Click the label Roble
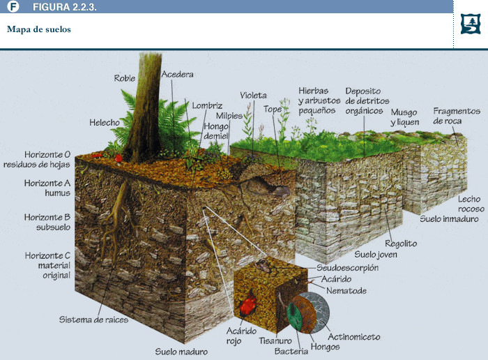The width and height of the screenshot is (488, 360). pyautogui.click(x=125, y=78)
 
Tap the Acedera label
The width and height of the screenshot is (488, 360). pyautogui.click(x=177, y=74)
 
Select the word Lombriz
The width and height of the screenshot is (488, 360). pyautogui.click(x=207, y=105)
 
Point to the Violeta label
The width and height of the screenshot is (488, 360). pyautogui.click(x=253, y=96)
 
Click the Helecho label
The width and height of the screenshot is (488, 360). pyautogui.click(x=105, y=122)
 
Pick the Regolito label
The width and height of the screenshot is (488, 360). pyautogui.click(x=401, y=243)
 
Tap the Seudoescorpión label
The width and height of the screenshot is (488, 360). pyautogui.click(x=348, y=268)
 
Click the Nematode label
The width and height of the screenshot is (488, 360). pyautogui.click(x=346, y=291)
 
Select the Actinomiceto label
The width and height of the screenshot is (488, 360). pyautogui.click(x=354, y=337)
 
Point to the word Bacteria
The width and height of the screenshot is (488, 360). pyautogui.click(x=291, y=352)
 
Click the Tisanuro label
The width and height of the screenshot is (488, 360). pyautogui.click(x=275, y=340)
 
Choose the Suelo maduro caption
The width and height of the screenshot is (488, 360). pyautogui.click(x=181, y=352)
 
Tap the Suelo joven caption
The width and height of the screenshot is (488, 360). pyautogui.click(x=376, y=255)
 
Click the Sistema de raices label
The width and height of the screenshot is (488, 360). pyautogui.click(x=93, y=320)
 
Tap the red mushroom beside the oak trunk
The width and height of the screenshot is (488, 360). pyautogui.click(x=119, y=158)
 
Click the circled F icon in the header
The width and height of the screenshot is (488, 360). pyautogui.click(x=13, y=6)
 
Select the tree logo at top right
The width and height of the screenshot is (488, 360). pyautogui.click(x=471, y=24)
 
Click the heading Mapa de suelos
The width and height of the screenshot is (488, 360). pyautogui.click(x=39, y=29)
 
